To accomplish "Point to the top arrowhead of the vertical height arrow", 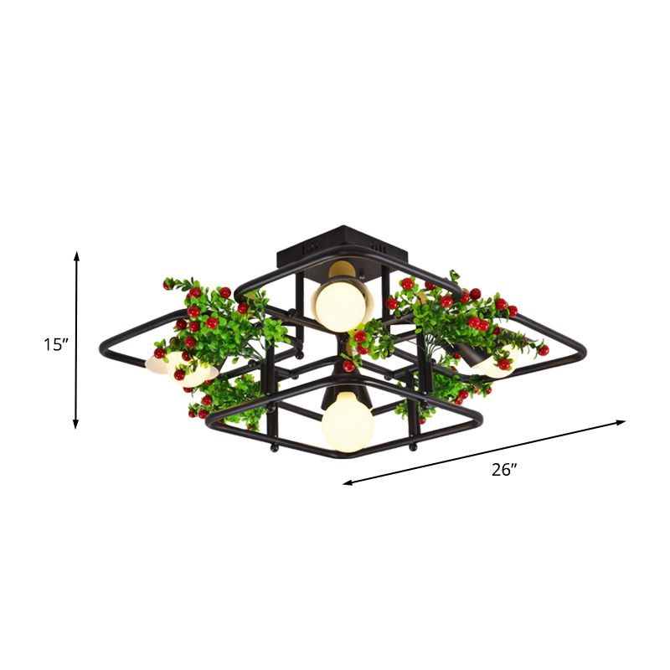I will (77, 254).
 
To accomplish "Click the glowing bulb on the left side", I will (192, 371).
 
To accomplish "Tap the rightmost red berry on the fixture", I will (544, 349).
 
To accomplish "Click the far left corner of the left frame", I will (103, 345).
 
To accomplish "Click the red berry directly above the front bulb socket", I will (348, 366).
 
